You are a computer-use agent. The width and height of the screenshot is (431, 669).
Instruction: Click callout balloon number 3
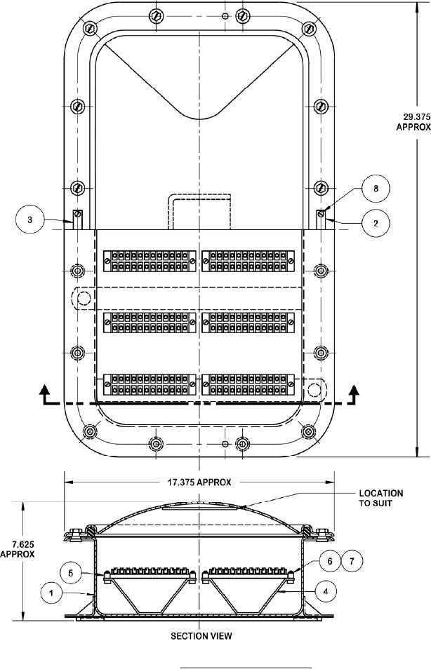(29, 219)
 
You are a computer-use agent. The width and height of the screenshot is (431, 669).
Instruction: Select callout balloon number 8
(376, 188)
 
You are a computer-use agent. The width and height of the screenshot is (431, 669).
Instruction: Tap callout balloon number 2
(376, 223)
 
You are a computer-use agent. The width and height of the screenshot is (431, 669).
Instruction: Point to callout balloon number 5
(70, 572)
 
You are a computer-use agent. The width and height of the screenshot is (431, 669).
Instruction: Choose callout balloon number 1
(51, 593)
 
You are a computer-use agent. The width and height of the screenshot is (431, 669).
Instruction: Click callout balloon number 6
(330, 560)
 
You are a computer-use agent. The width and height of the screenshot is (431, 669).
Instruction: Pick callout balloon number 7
(352, 560)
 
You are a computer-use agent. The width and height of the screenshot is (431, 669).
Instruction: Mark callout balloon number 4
(326, 591)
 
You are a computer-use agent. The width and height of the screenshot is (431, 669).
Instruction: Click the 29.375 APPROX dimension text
(413, 121)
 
